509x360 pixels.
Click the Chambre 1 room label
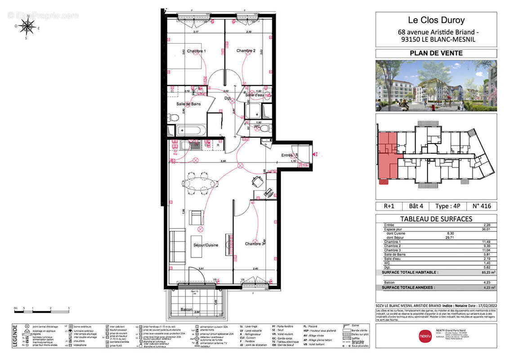click(x=196, y=51)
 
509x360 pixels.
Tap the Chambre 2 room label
click(x=246, y=51)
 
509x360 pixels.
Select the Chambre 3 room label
click(x=255, y=244)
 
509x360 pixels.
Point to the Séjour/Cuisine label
click(x=205, y=245)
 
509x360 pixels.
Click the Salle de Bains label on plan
click(x=188, y=104)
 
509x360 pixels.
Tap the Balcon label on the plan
click(x=186, y=310)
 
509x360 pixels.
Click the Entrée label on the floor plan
click(x=287, y=155)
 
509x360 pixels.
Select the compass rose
click(x=28, y=26)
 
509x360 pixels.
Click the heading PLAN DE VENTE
click(x=436, y=53)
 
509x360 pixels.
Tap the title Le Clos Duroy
click(x=436, y=20)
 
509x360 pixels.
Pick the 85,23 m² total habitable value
click(x=487, y=272)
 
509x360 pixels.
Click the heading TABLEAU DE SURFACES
click(x=436, y=219)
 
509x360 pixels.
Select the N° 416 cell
click(x=482, y=206)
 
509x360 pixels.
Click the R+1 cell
click(x=389, y=206)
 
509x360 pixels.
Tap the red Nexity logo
click(x=425, y=335)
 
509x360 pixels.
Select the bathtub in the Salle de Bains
click(x=191, y=130)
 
